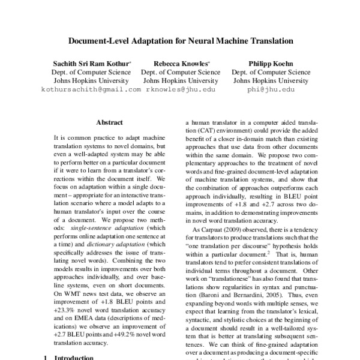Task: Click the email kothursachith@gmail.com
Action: [91, 89]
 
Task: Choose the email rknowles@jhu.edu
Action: [181, 89]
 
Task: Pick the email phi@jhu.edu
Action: [264, 89]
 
